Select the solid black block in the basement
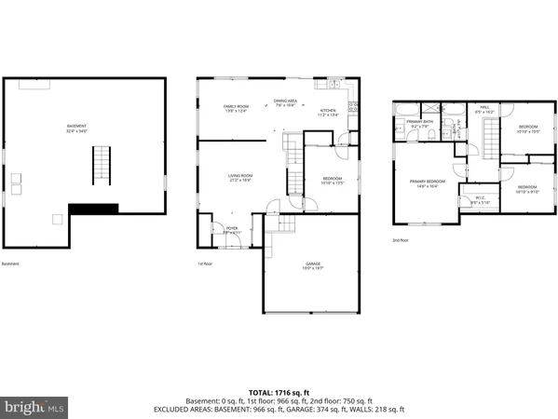pyautogui.click(x=93, y=208)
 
